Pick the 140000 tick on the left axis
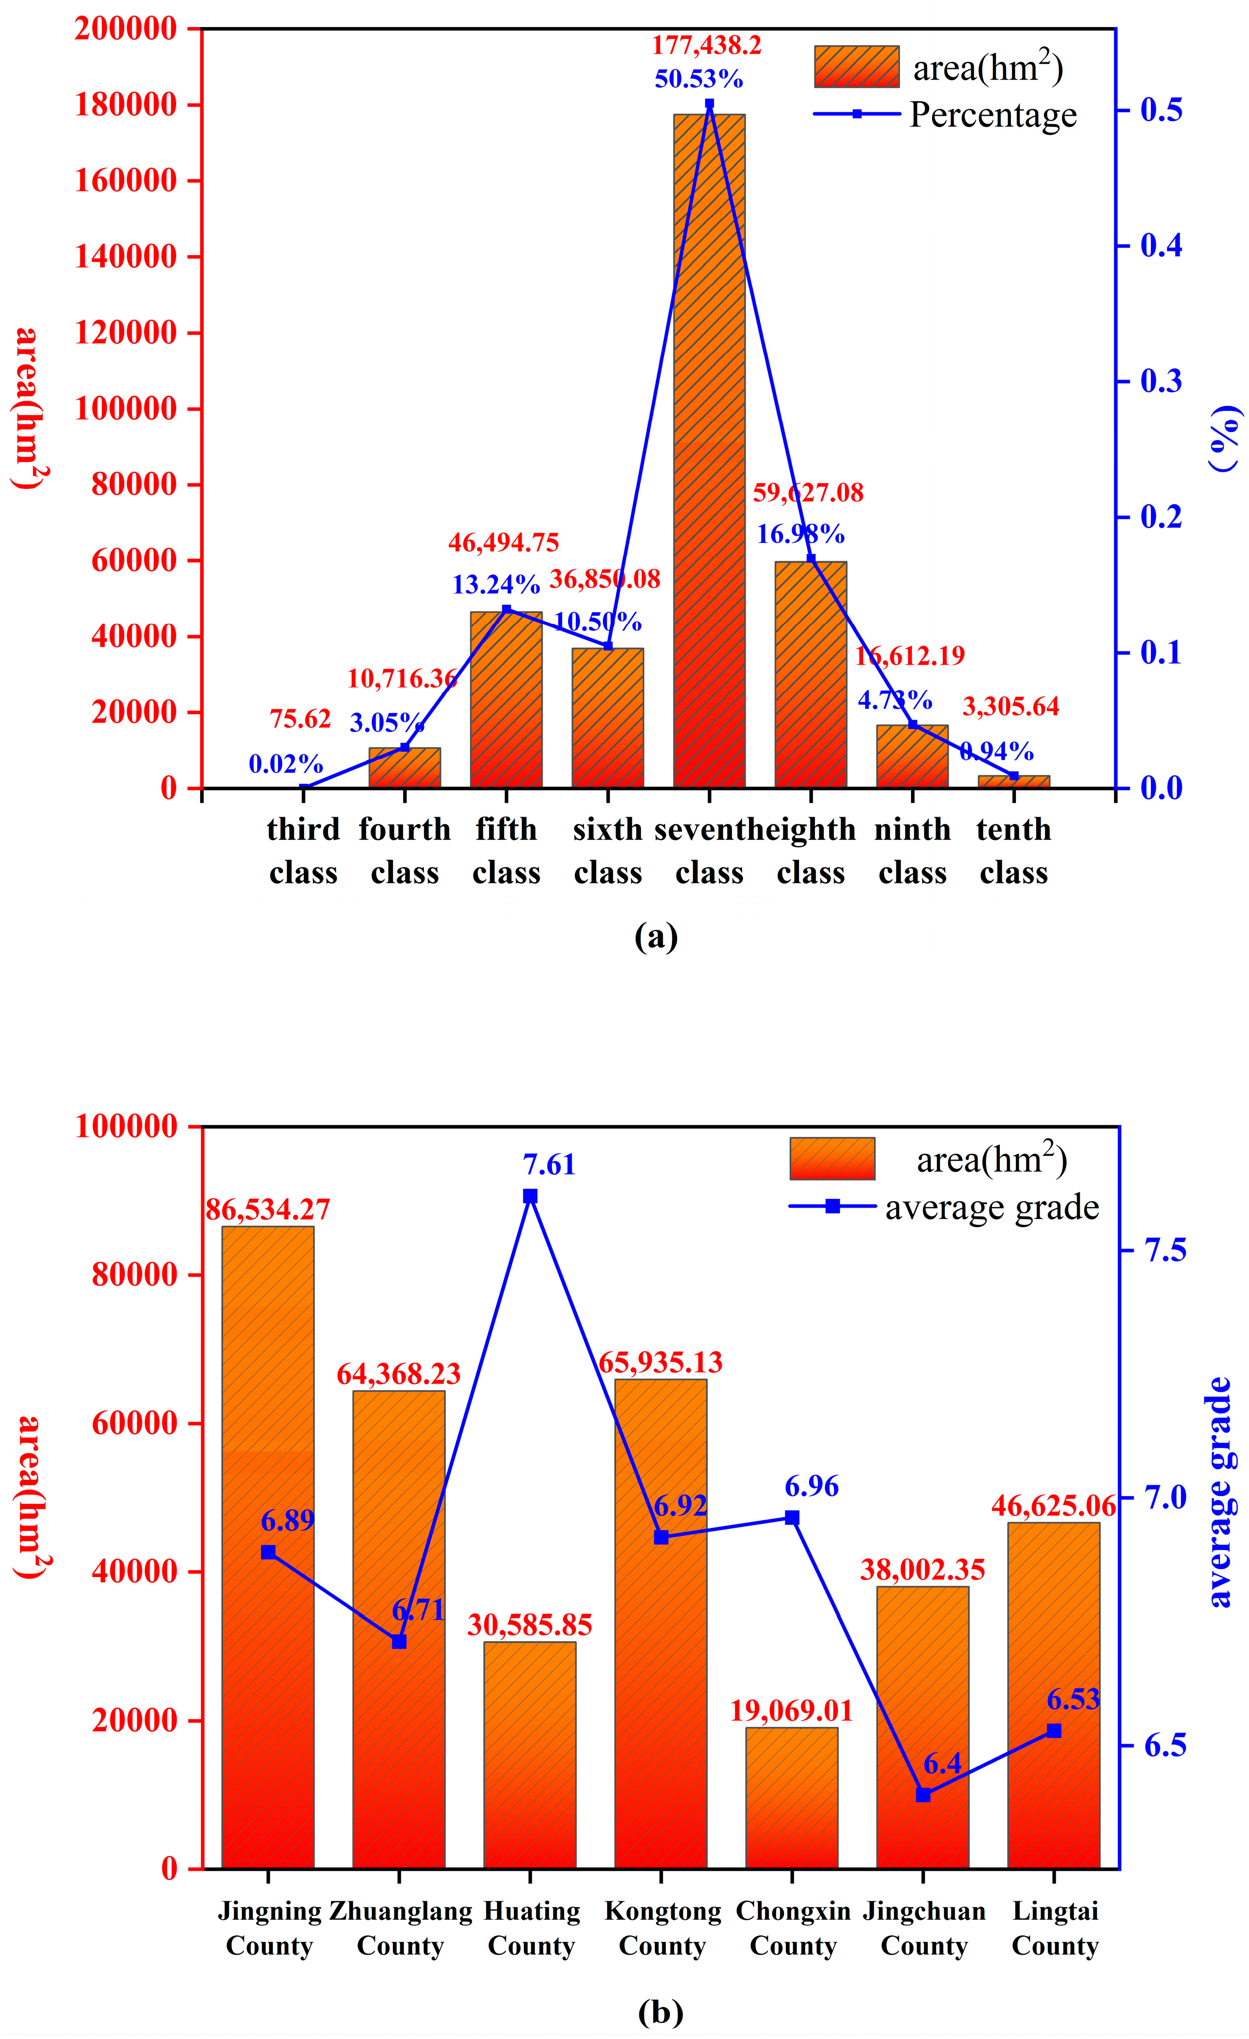(126, 257)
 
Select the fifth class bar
(506, 699)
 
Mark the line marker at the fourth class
(405, 747)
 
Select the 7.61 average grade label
(548, 1165)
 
